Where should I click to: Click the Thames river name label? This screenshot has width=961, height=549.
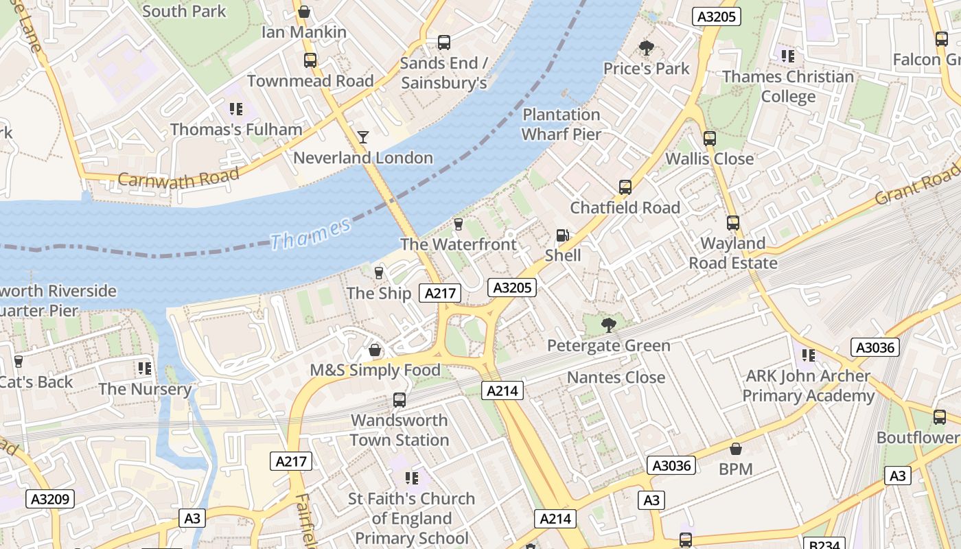coord(310,233)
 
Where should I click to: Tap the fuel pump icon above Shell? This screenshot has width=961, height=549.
coord(562,235)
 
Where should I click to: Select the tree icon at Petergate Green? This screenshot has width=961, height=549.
coord(608,325)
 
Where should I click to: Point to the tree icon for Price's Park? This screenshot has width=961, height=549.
coord(646,48)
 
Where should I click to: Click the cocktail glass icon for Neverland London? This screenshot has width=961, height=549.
coord(363,137)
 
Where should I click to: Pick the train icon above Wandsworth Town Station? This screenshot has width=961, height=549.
coord(400,399)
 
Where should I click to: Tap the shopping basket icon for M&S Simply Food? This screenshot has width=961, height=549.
coord(375,351)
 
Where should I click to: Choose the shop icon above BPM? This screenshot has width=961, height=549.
coord(736,449)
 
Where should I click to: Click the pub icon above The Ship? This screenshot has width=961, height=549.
coord(378,273)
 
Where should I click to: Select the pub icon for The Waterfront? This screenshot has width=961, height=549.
coord(459,224)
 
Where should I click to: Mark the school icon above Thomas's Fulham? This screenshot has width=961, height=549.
coord(236,109)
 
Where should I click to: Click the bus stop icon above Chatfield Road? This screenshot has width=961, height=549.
coord(625,187)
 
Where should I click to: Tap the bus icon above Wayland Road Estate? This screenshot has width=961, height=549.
coord(733,223)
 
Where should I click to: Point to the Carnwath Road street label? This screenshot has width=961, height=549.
coord(178,178)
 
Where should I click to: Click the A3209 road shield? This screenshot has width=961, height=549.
coord(50,499)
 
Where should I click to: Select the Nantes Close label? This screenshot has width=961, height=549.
coord(616,377)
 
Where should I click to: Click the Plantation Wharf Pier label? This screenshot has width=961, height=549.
coord(561,124)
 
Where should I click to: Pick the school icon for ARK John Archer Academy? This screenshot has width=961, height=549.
coord(809,355)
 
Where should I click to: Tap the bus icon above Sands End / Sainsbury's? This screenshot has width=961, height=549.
coord(444,43)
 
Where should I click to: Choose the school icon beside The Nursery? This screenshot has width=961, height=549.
coord(144,369)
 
